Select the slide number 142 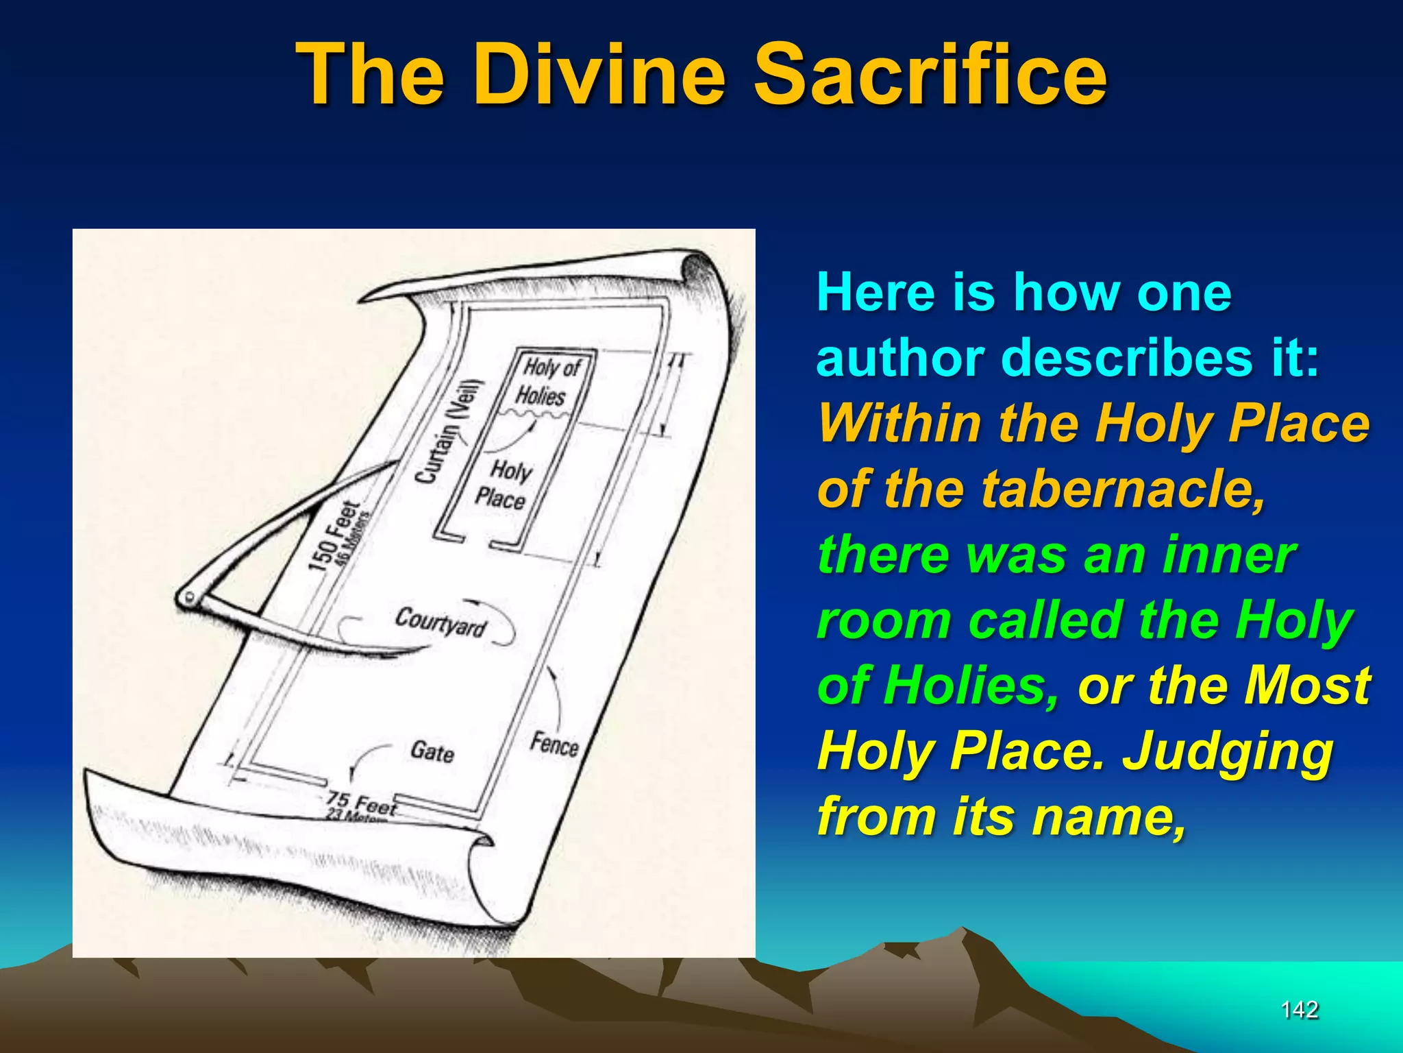point(1300,1009)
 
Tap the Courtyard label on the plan point(440,621)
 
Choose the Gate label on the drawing point(432,752)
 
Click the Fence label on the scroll point(554,744)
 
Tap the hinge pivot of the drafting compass point(187,598)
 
